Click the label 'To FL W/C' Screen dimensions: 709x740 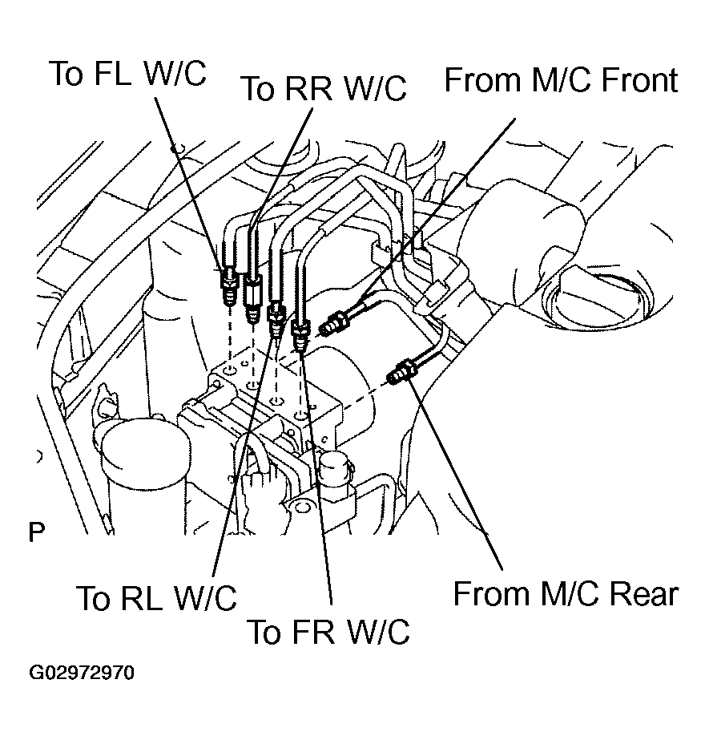(128, 74)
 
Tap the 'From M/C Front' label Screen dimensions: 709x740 (562, 79)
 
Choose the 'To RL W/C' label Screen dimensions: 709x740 (156, 598)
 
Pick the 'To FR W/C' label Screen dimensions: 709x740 (328, 632)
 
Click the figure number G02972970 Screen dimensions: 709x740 (82, 673)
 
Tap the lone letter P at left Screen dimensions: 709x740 (37, 532)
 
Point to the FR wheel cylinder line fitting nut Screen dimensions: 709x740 (300, 334)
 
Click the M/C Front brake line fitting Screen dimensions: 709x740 (334, 324)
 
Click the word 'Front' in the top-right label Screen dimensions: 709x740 (639, 79)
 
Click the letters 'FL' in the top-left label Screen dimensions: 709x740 (112, 74)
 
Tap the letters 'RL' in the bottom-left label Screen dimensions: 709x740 (141, 598)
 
